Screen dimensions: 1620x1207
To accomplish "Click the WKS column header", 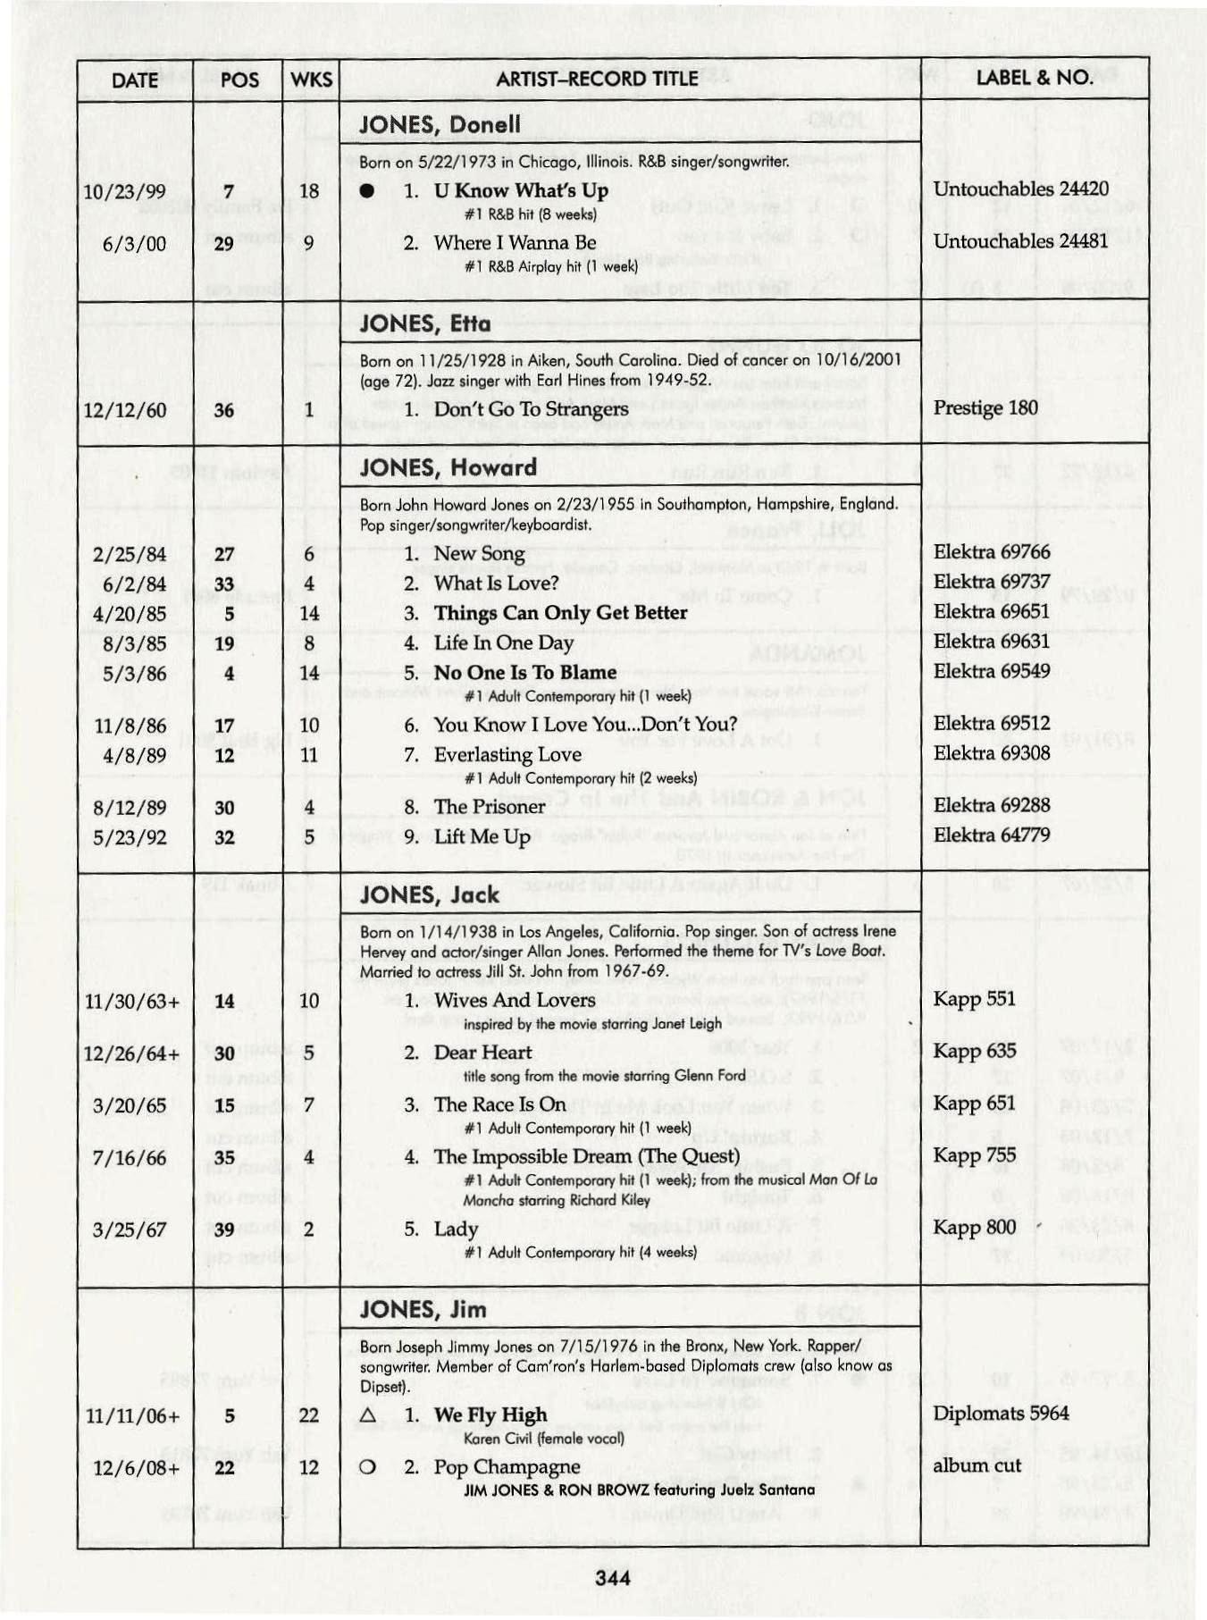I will (311, 80).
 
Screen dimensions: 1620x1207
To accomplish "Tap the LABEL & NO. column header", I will (1034, 78).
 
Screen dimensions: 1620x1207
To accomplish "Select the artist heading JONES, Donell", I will (440, 124).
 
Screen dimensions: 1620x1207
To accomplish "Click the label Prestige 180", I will (985, 408).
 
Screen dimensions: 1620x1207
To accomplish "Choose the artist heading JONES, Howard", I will (448, 467).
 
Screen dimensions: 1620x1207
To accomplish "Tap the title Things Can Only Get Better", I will (560, 613).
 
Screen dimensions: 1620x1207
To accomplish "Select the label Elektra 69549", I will (992, 671).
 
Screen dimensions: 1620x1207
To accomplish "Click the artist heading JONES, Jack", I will (430, 894).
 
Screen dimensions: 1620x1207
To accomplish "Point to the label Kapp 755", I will (974, 1155).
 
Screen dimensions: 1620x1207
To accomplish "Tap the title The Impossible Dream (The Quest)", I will (587, 1156).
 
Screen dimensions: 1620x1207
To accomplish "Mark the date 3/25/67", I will (129, 1230).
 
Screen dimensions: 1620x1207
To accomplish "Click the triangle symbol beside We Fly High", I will (366, 1415).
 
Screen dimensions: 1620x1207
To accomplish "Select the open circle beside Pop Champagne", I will (366, 1467).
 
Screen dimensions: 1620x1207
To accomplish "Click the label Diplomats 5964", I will (1001, 1414).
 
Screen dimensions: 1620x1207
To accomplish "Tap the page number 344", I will (613, 1578).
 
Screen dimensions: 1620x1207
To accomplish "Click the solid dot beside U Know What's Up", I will (366, 191).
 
